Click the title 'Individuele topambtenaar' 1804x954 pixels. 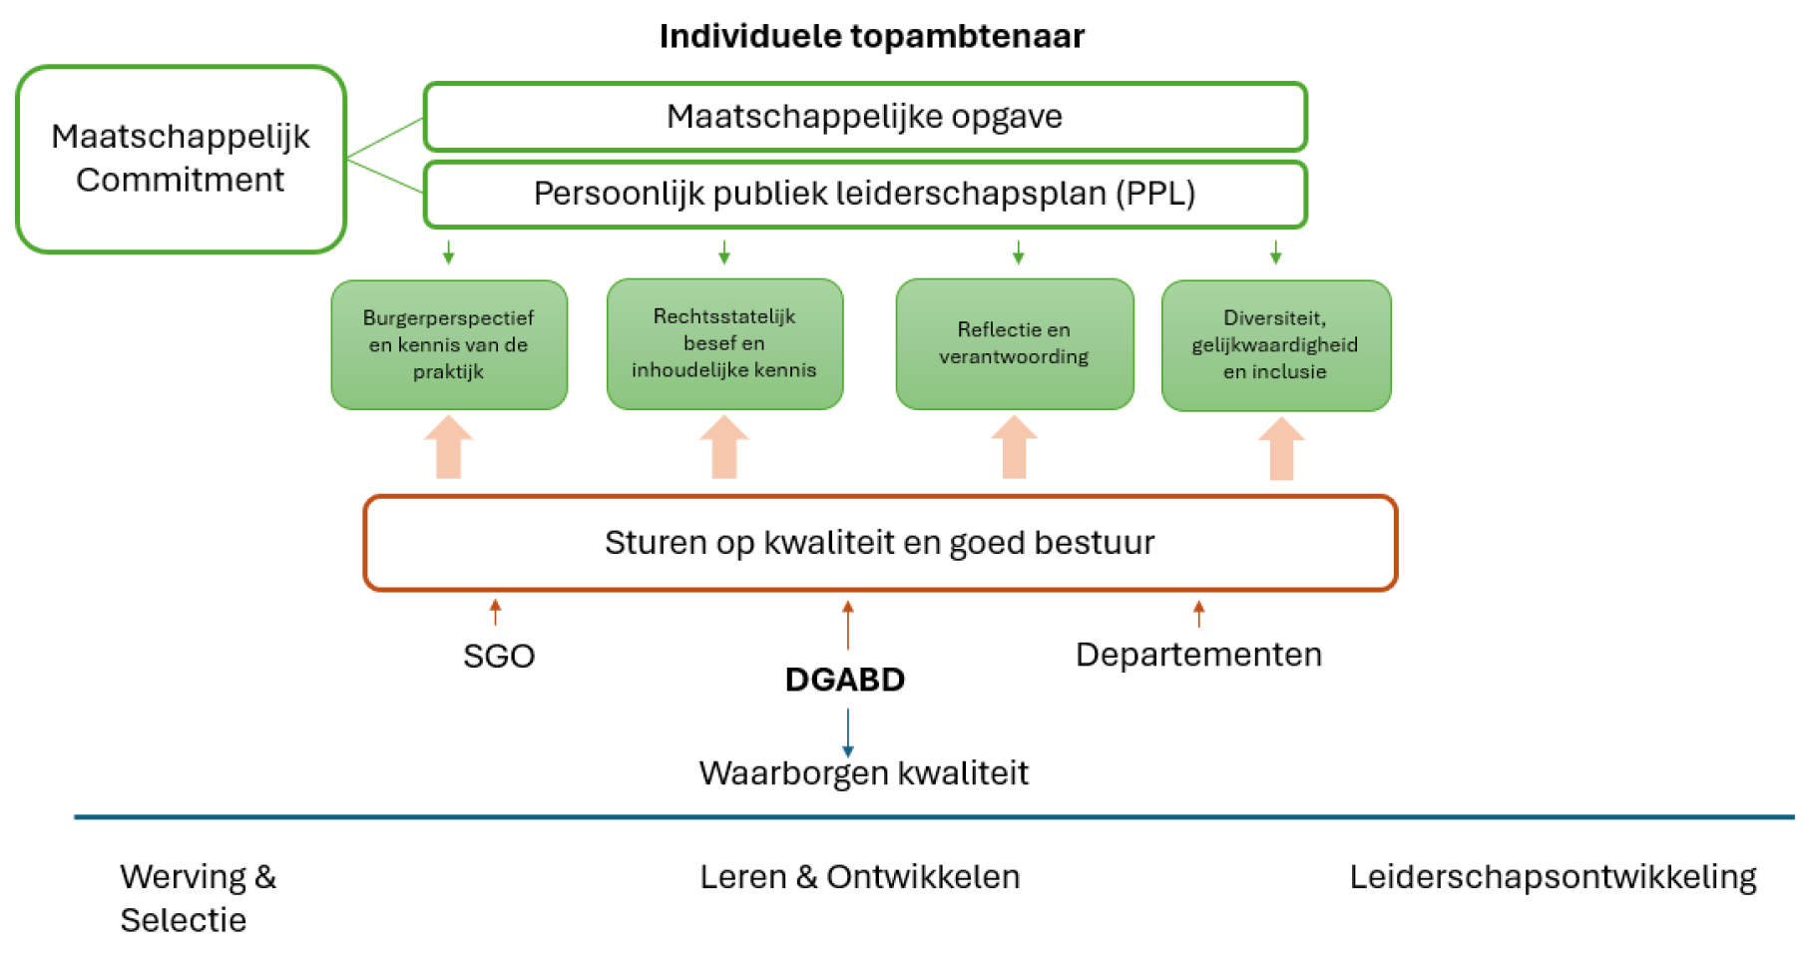click(871, 36)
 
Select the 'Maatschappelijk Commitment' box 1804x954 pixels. click(181, 159)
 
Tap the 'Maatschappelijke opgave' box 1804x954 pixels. click(864, 117)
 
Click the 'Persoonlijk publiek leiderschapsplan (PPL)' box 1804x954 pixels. click(864, 194)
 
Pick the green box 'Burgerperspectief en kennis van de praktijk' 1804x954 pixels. click(449, 344)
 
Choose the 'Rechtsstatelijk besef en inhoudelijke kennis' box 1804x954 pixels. click(724, 343)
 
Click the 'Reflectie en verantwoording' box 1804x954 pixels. click(1014, 343)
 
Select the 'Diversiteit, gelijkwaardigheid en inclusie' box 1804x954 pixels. click(1275, 344)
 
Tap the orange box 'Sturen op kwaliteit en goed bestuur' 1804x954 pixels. click(879, 543)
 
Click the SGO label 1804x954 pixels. click(499, 656)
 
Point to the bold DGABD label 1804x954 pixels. click(845, 680)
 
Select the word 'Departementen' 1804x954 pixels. click(1198, 655)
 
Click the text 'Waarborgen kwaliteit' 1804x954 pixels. click(863, 773)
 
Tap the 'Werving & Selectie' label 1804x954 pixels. click(198, 897)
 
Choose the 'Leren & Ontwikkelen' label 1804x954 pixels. click(859, 876)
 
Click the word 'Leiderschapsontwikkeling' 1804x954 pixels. click(1553, 876)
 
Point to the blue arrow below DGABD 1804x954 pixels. click(848, 732)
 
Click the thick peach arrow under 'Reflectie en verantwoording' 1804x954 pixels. click(1014, 447)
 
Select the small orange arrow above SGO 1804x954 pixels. click(495, 611)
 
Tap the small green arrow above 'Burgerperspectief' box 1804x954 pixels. click(449, 251)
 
